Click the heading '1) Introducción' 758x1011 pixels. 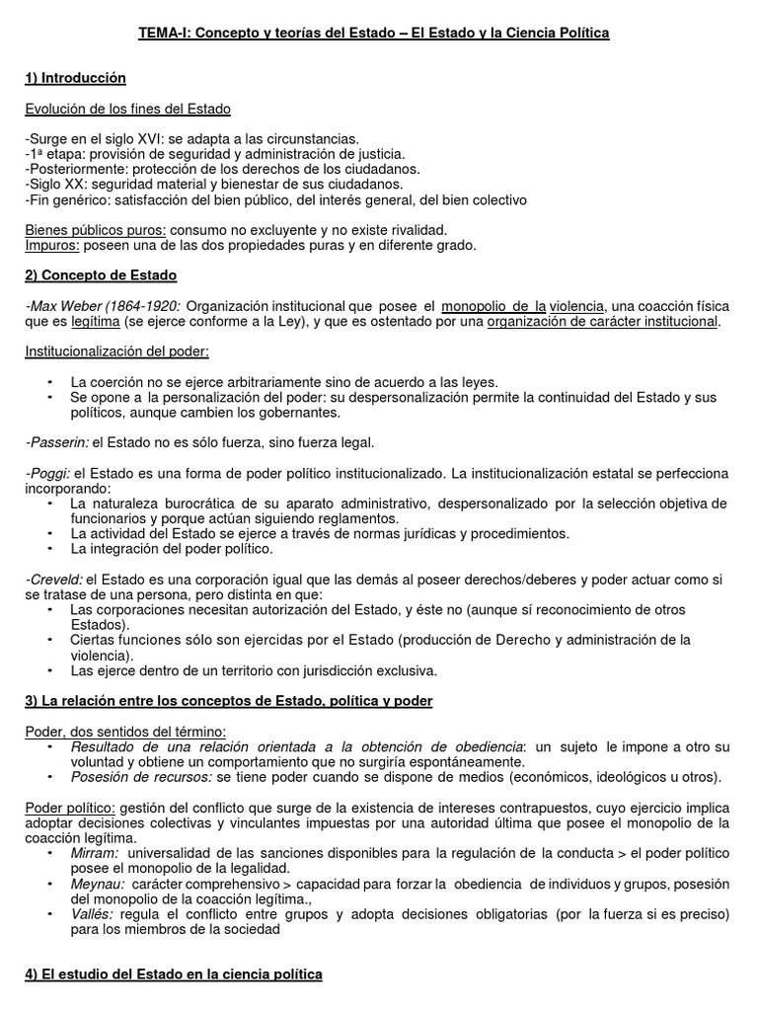[75, 78]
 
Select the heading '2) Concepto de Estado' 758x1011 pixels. [101, 275]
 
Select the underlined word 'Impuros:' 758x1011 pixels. [52, 245]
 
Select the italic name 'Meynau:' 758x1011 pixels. [97, 884]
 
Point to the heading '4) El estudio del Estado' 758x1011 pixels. [173, 974]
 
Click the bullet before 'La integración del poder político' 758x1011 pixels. [50, 549]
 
